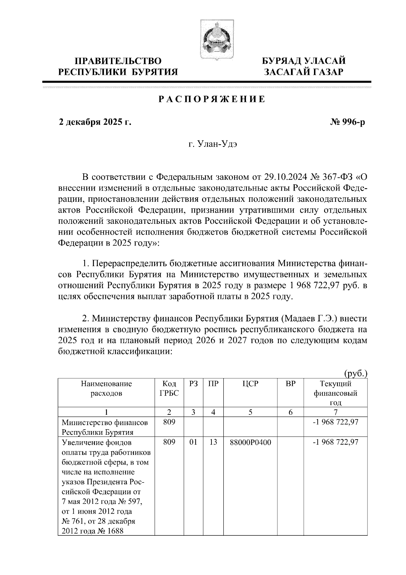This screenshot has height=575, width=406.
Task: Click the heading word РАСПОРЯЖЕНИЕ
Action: click(212, 100)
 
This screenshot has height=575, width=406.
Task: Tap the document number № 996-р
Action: click(347, 122)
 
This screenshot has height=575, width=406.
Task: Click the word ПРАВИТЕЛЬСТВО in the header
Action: click(118, 61)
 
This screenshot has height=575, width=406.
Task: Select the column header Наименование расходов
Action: click(106, 388)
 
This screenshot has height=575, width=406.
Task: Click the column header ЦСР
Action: click(250, 384)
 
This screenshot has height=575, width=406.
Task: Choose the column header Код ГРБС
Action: click(169, 388)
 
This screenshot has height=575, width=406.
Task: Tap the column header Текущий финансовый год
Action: click(335, 393)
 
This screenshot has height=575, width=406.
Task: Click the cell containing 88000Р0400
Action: click(250, 443)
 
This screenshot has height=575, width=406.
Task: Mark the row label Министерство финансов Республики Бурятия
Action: click(105, 427)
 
